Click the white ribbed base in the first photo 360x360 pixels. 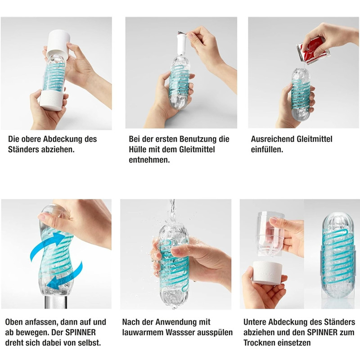pyautogui.click(x=51, y=99)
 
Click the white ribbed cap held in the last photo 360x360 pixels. pyautogui.click(x=267, y=273)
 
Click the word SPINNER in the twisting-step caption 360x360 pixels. pyautogui.click(x=81, y=333)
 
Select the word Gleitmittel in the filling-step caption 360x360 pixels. pyautogui.click(x=315, y=139)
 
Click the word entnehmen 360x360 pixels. pyautogui.click(x=149, y=160)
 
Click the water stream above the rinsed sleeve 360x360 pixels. pyautogui.click(x=172, y=210)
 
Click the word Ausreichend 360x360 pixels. pyautogui.click(x=273, y=139)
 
